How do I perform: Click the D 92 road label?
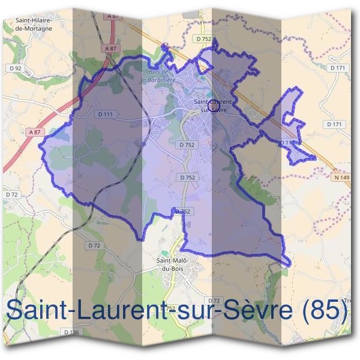tap(17, 68)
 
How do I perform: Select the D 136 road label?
tap(71, 332)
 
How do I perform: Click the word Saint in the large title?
tap(34, 311)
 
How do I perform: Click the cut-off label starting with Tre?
tap(349, 300)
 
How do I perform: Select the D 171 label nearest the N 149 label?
tap(334, 124)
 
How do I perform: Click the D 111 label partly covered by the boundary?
tap(287, 142)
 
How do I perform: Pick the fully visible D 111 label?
tap(104, 114)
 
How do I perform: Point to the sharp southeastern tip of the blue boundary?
tap(289, 264)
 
